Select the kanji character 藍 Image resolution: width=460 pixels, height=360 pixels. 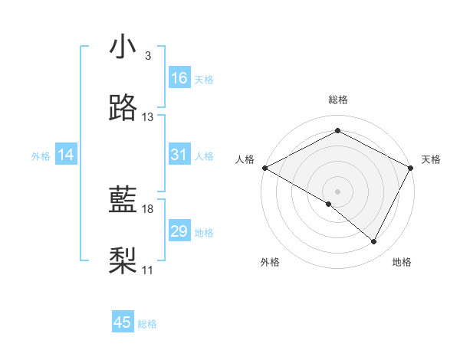coord(123,200)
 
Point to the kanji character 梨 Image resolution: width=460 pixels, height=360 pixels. coord(123,261)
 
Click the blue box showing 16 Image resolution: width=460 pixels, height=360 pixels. coord(179,78)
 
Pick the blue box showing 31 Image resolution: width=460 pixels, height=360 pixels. coord(179,155)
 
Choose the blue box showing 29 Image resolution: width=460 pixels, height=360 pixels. coord(179,232)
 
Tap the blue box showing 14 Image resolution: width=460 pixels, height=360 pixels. coord(66,155)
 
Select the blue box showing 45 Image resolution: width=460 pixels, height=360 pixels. coord(123,322)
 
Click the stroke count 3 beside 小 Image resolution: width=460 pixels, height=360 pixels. coord(147,56)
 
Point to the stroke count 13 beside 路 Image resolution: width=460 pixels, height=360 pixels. coord(148,117)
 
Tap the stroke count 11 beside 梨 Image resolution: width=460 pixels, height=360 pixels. coord(148,270)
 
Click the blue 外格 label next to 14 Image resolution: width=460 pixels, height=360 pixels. coord(41,156)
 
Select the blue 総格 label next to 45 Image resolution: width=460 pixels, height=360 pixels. coord(147,324)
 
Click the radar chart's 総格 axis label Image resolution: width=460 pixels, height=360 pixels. coord(337,100)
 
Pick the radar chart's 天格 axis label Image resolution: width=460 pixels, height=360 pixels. coord(431,159)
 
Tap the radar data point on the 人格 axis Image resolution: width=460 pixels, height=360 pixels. coord(264,168)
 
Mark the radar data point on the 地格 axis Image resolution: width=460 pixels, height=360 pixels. coord(374,242)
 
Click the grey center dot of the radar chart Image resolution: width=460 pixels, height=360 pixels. coord(337,191)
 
